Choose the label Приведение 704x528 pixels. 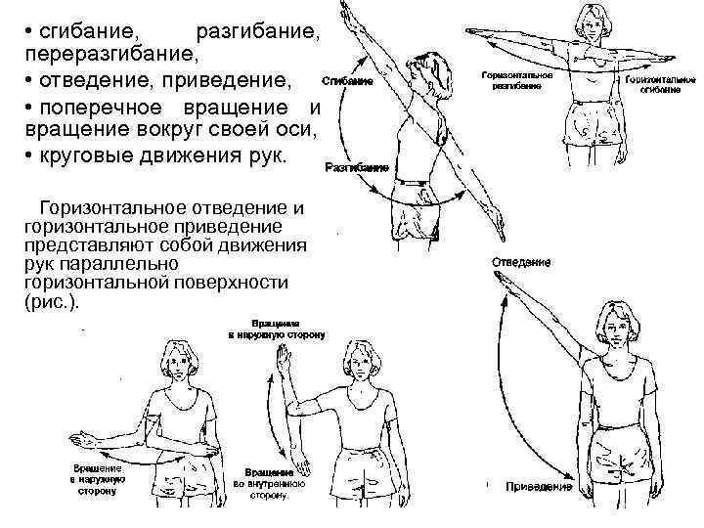coord(539,486)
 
